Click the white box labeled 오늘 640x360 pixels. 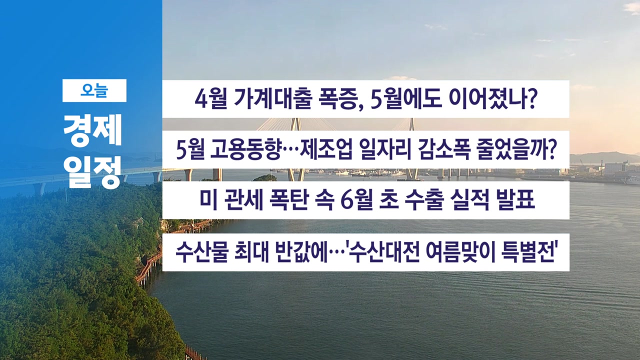point(94,90)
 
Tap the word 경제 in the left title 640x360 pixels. point(93,130)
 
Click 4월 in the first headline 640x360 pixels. point(211,99)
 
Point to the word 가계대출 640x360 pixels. point(272,99)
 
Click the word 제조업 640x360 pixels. point(325,149)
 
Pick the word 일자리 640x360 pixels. point(385,149)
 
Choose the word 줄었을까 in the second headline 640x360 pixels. point(511,149)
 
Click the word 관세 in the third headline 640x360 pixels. point(243,200)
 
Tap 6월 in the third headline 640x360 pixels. point(357,200)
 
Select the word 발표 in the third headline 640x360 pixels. point(515,200)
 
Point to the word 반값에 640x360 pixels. point(301,252)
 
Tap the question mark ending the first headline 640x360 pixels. point(532,99)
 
